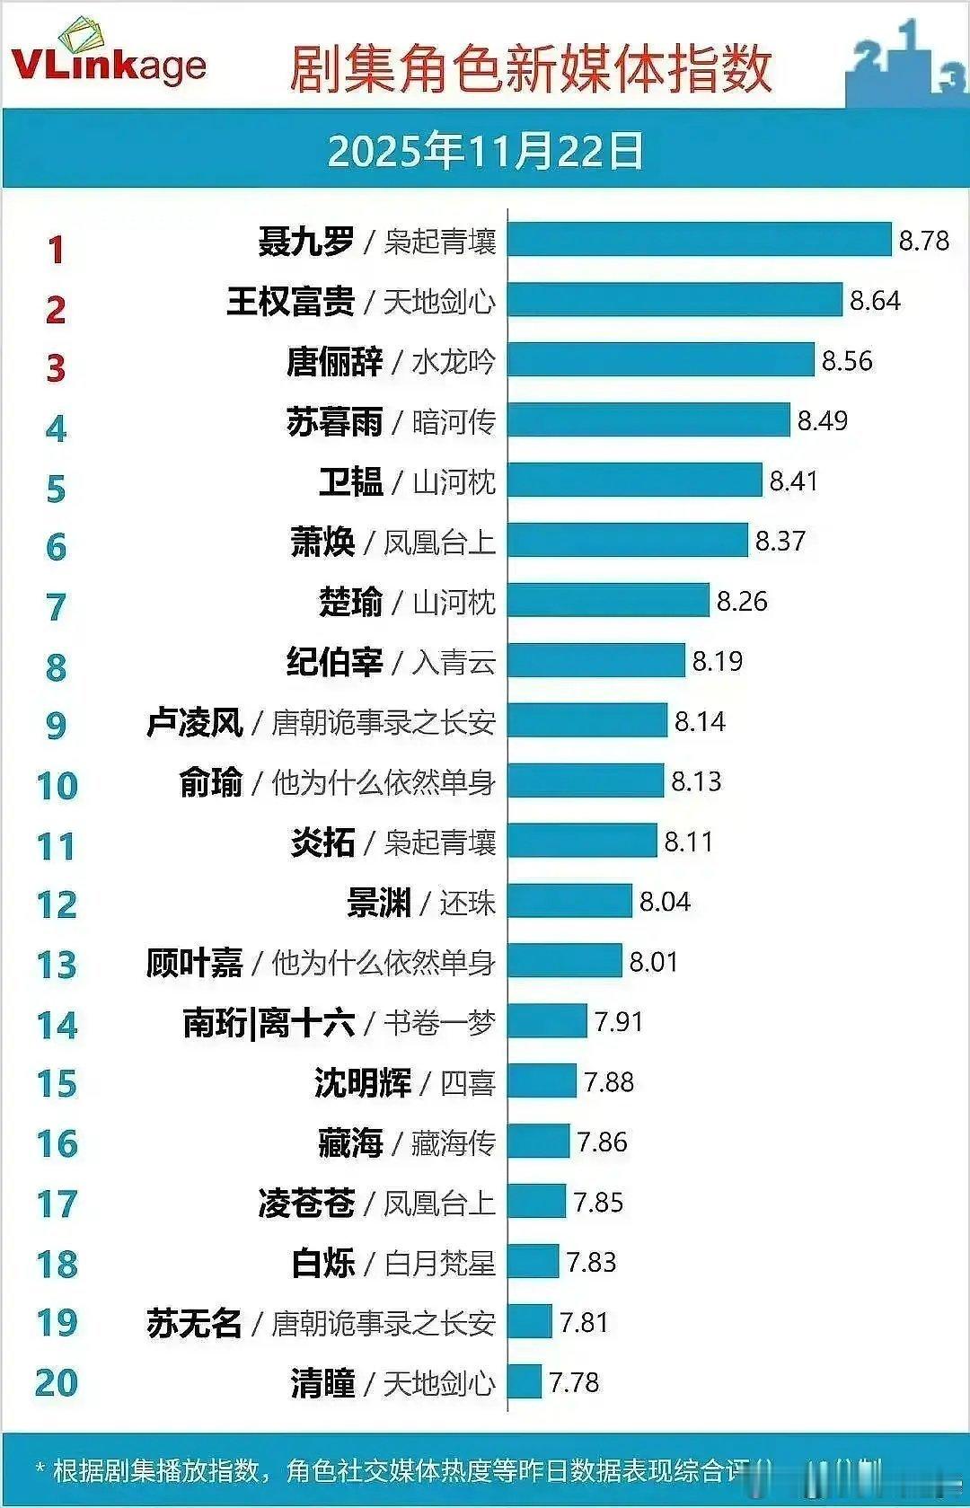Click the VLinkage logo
(x=108, y=56)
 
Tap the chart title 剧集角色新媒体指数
(x=530, y=68)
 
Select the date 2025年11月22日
(x=485, y=150)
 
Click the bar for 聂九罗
(x=699, y=240)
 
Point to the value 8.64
(x=875, y=301)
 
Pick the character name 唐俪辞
(x=334, y=361)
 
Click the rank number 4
(x=56, y=428)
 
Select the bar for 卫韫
(x=634, y=481)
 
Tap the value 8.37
(x=780, y=541)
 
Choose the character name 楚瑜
(x=350, y=602)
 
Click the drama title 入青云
(x=454, y=662)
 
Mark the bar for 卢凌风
(x=587, y=720)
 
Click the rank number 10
(x=57, y=786)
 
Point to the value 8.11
(x=688, y=842)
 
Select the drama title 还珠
(x=467, y=903)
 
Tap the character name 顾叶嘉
(x=194, y=963)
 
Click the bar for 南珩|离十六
(x=547, y=1021)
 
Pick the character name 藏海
(x=350, y=1142)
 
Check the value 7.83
(x=591, y=1262)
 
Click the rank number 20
(x=57, y=1382)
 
